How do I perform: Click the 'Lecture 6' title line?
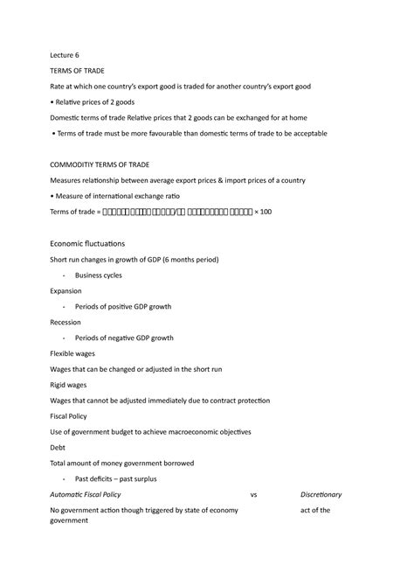click(x=66, y=54)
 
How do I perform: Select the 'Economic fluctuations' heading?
click(x=87, y=242)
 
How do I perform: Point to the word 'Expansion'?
click(x=66, y=290)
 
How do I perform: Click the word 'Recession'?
click(x=66, y=322)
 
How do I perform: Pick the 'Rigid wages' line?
click(x=71, y=385)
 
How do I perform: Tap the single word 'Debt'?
click(x=59, y=448)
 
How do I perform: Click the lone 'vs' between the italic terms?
click(x=254, y=495)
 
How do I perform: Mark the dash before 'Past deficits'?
click(x=65, y=479)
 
